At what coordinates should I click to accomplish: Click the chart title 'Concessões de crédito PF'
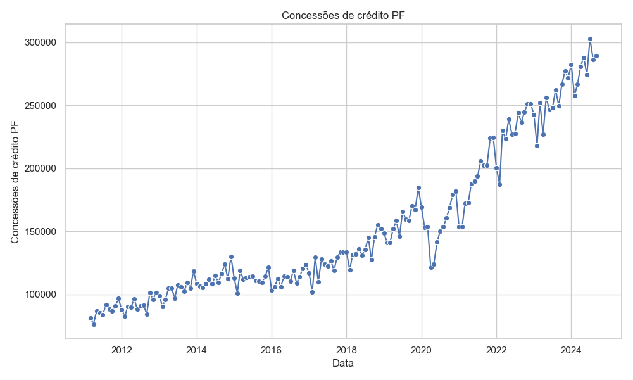click(342, 15)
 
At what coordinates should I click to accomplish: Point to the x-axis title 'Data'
click(342, 363)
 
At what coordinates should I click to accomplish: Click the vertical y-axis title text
click(15, 180)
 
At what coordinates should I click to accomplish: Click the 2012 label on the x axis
click(122, 350)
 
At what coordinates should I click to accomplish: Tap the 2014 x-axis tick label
click(197, 350)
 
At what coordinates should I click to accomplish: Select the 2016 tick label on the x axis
click(272, 350)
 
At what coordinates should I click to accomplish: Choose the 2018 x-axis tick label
click(346, 350)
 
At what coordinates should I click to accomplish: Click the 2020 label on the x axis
click(422, 350)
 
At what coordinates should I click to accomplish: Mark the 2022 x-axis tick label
click(496, 350)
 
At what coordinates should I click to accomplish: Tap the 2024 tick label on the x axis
click(571, 350)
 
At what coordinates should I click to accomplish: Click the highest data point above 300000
click(590, 39)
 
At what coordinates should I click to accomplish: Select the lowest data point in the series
click(94, 324)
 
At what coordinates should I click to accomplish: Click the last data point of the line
click(596, 56)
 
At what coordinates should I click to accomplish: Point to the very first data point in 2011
click(91, 318)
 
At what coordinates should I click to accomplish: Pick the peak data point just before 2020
click(418, 187)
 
